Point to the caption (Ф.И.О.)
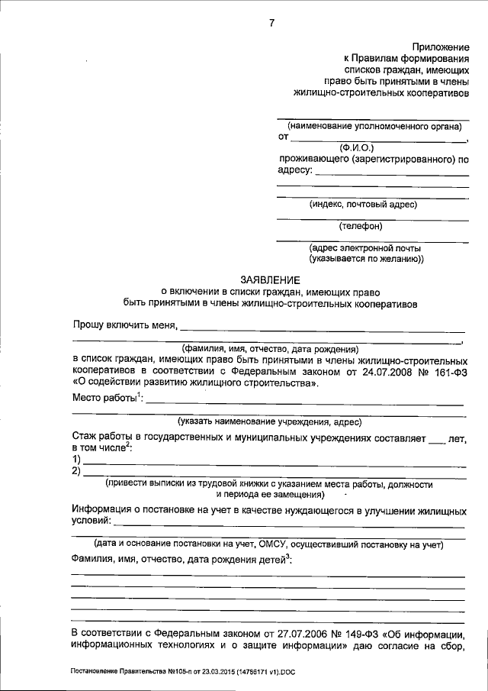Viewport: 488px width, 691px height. (357, 147)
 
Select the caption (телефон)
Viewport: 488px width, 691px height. (361, 225)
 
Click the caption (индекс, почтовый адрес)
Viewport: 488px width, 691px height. (363, 204)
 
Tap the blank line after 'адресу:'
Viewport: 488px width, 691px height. (391, 175)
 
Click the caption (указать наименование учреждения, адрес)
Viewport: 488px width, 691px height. (269, 421)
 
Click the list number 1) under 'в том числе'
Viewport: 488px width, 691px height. (76, 459)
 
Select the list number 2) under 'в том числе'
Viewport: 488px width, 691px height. (76, 471)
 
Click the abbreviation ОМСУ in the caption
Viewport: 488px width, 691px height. (270, 544)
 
